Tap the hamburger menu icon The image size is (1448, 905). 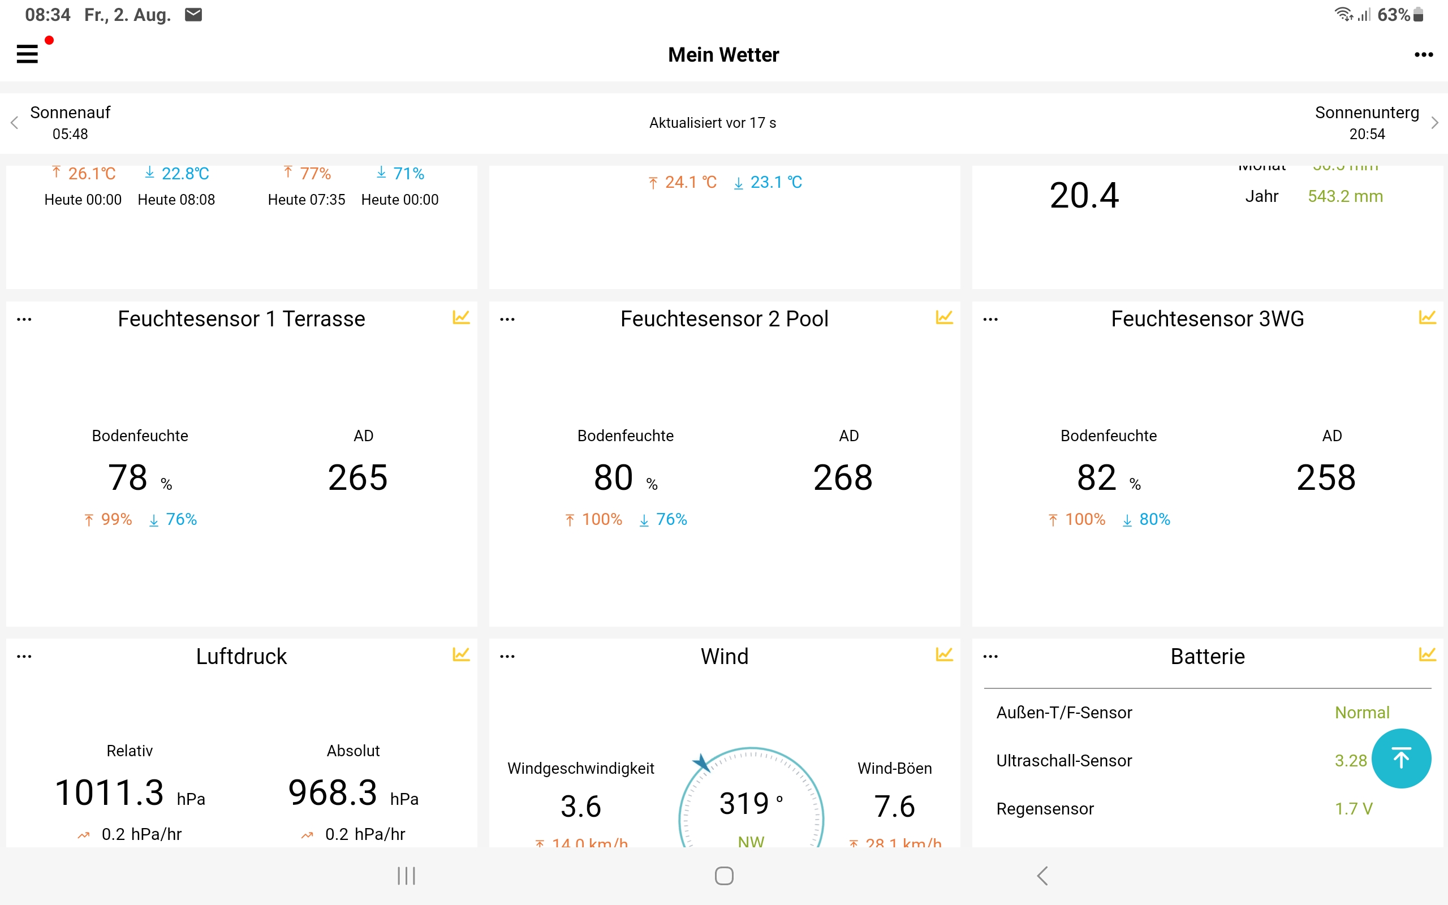click(x=28, y=54)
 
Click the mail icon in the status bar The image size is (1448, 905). click(x=193, y=14)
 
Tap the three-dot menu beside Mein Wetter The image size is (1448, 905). click(x=1424, y=55)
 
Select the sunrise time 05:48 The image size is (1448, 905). click(x=70, y=134)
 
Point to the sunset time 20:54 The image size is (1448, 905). click(x=1367, y=134)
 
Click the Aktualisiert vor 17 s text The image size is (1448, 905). click(x=713, y=123)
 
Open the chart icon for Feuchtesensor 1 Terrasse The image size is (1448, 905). click(x=461, y=317)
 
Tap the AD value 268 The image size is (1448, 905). click(x=842, y=477)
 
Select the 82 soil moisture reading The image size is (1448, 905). click(x=1096, y=477)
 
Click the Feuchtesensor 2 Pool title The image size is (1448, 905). click(x=724, y=319)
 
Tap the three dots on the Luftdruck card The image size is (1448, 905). click(x=24, y=657)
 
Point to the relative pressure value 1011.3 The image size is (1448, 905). click(x=110, y=792)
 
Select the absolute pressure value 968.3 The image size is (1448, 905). click(x=333, y=792)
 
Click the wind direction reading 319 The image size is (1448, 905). click(x=744, y=803)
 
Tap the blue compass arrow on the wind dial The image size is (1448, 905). click(x=701, y=762)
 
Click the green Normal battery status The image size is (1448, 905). click(x=1362, y=712)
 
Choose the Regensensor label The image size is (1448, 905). click(x=1045, y=809)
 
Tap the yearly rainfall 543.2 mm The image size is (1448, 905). click(x=1345, y=196)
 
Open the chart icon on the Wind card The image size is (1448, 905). click(x=944, y=655)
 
